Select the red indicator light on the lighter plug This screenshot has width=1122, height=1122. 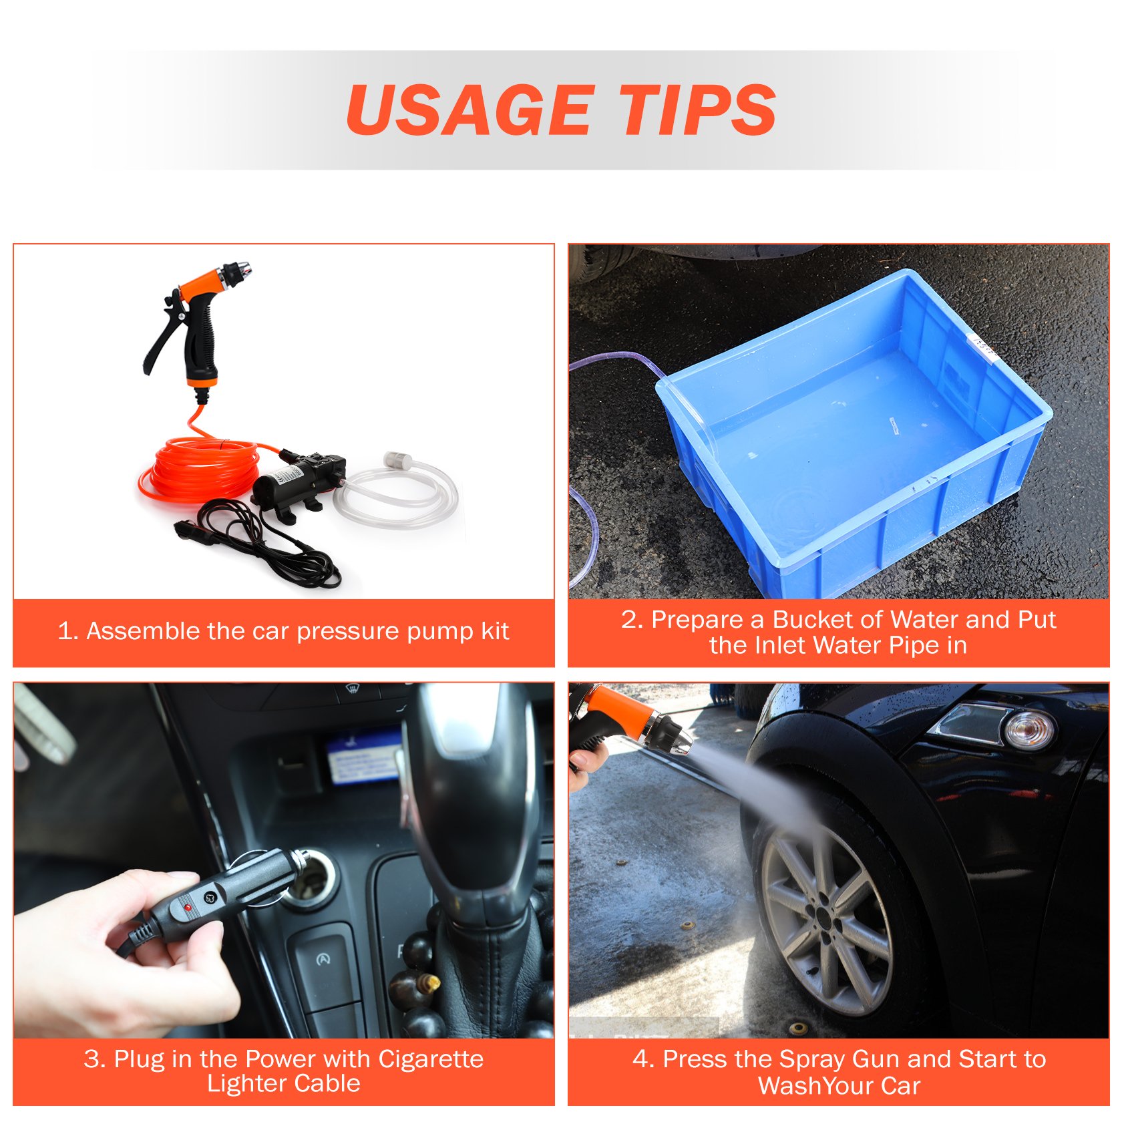(x=188, y=908)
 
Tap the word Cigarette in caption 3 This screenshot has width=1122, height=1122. (x=431, y=1059)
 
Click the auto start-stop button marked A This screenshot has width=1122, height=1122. (x=323, y=960)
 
